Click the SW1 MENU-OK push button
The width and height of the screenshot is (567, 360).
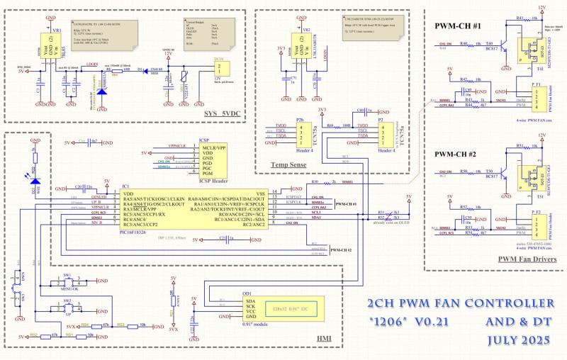click(x=67, y=281)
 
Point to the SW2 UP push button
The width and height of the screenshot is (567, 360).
click(x=67, y=308)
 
